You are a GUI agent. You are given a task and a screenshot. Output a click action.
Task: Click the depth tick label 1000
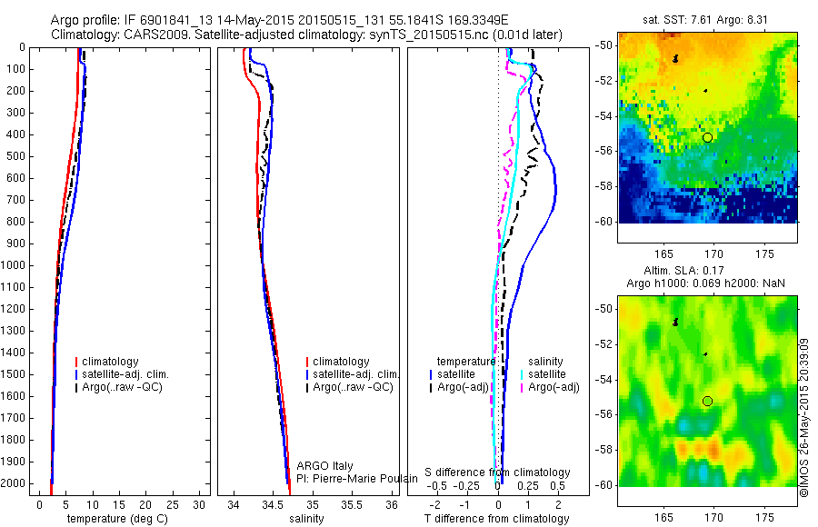(15, 265)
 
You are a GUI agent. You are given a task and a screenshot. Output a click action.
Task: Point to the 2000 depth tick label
(15, 483)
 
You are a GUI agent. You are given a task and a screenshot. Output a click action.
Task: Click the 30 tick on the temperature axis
(201, 503)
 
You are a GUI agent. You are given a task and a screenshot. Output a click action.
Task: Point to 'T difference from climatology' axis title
(496, 519)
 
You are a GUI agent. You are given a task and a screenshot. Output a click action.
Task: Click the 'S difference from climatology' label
(497, 472)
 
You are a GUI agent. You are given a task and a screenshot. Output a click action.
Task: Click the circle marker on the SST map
(707, 137)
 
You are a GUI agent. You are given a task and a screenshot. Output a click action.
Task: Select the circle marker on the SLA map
(707, 401)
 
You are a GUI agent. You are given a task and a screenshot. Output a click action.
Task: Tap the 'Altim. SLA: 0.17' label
(707, 272)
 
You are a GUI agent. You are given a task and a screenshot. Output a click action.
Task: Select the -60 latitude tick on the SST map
(605, 222)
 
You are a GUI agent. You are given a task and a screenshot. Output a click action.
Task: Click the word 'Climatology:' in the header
(85, 35)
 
